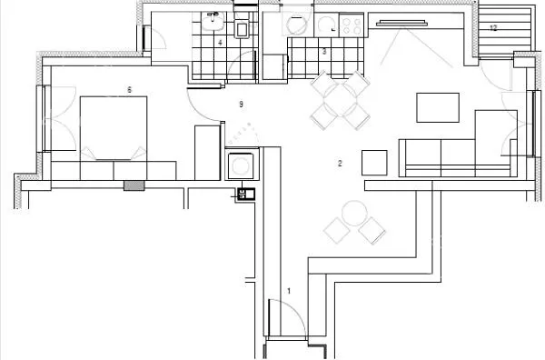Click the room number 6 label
pos(129,90)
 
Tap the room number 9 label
pos(242,104)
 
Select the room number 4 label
pos(220,43)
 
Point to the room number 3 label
pos(324,52)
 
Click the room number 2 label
pos(340,163)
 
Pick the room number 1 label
pos(289,291)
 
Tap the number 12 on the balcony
pos(493,28)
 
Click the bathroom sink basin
pos(213,22)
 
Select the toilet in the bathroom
pos(243,26)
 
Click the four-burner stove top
pos(352,25)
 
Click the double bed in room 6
pos(114,128)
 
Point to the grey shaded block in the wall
pos(134,185)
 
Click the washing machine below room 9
pos(241,166)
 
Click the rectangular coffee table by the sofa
pos(438,107)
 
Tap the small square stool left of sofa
pos(374,163)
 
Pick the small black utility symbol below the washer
pos(246,194)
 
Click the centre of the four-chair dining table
pos(341,101)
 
